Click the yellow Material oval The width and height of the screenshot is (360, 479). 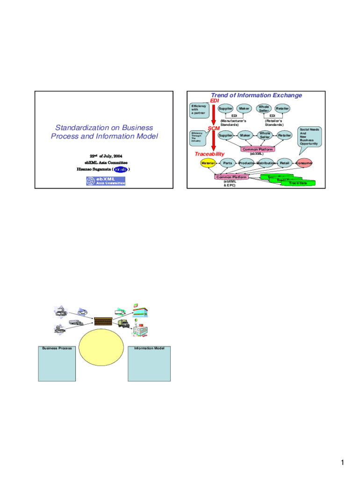(x=208, y=163)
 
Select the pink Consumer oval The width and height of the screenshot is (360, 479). (x=304, y=163)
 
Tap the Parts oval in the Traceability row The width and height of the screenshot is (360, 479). (x=228, y=163)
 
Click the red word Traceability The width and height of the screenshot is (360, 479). (x=209, y=153)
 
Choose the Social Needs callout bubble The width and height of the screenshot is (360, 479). (x=310, y=136)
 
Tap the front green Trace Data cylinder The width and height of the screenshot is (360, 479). (x=298, y=183)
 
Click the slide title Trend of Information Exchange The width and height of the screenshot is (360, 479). (x=256, y=95)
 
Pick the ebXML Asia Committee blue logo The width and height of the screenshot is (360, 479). (x=106, y=181)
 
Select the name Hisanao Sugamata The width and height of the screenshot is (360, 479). (x=94, y=169)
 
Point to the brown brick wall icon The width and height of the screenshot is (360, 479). (x=102, y=321)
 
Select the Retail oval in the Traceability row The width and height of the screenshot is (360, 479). (x=285, y=163)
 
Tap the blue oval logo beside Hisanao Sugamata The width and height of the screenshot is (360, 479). (x=120, y=169)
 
